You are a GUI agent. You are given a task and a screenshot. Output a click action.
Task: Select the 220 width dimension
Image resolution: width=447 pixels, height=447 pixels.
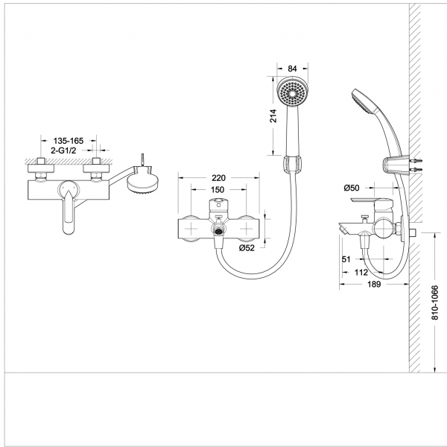[x=218, y=179]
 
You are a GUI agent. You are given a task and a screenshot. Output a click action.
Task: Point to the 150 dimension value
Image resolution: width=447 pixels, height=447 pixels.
[x=218, y=191]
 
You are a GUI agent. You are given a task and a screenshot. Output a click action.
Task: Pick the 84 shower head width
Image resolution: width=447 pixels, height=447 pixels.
[x=292, y=69]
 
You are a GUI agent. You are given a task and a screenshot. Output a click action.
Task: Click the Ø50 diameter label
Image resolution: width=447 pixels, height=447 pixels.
[x=352, y=188]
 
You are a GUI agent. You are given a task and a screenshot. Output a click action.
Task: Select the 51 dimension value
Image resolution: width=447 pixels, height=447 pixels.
[x=346, y=259]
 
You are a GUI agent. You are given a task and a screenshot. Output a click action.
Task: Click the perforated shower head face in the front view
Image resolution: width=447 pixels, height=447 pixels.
[x=292, y=95]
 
